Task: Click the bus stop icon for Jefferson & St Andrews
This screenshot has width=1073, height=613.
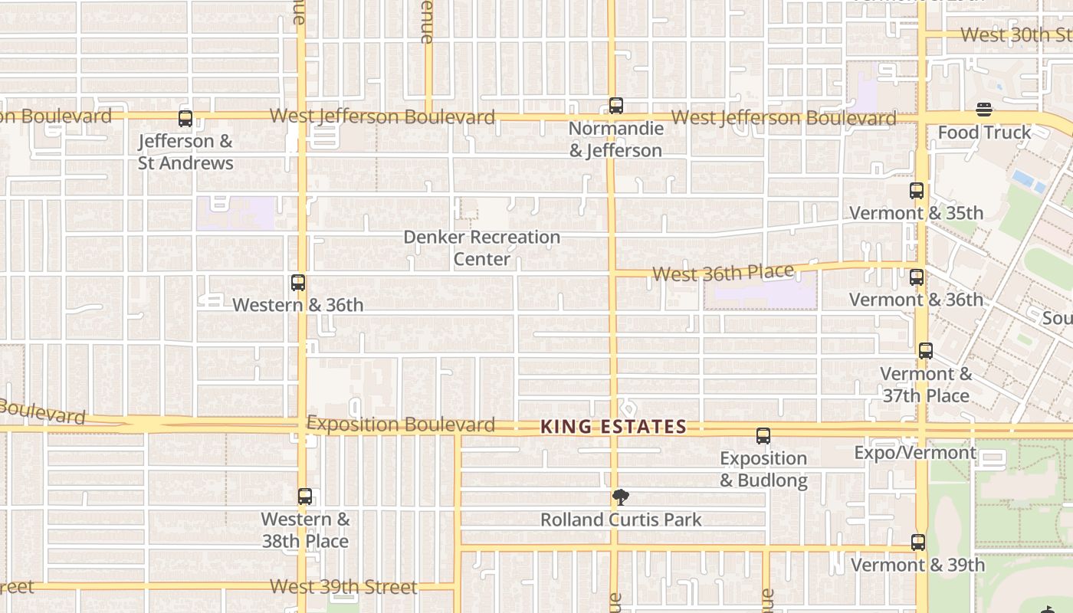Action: coord(185,119)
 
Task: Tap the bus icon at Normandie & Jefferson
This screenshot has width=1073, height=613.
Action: coord(616,106)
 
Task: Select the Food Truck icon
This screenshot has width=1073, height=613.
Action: coord(984,110)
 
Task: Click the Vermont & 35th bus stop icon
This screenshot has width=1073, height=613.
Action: coord(917,191)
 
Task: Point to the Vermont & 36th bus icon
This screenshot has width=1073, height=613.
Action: coord(917,277)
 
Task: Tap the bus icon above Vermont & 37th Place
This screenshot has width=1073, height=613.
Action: coord(926,351)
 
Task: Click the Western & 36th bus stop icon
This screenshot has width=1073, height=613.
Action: coord(298,283)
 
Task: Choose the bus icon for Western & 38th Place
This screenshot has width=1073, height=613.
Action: coord(305,497)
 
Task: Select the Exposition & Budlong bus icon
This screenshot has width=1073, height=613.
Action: coord(763,436)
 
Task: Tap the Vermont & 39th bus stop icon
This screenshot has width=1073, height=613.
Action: coord(918,543)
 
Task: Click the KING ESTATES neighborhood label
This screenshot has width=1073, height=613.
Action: coord(613,427)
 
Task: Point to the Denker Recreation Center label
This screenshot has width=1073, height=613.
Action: coord(481,247)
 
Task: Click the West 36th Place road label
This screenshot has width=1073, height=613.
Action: coord(723,273)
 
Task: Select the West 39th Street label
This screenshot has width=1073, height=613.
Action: coord(343,587)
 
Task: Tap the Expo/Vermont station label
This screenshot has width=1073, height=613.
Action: coord(915,453)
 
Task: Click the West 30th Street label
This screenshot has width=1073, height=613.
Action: coord(1016,34)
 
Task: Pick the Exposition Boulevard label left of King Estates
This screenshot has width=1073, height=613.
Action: coord(401,424)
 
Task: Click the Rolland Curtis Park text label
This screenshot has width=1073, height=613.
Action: coord(621,520)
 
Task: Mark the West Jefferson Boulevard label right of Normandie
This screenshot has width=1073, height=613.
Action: coord(784,118)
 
